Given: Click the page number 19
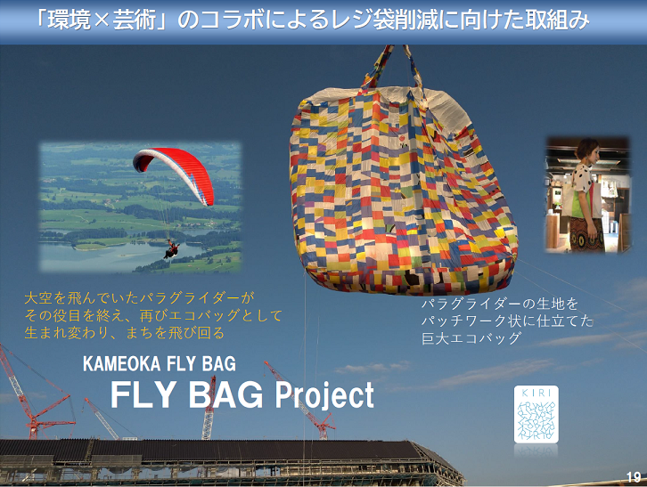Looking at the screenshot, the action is [634, 477].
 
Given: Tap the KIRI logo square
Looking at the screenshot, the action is [536, 414].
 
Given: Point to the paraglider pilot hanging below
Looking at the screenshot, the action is [171, 249].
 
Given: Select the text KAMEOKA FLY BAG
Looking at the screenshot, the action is [160, 364].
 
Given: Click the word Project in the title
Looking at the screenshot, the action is [324, 395].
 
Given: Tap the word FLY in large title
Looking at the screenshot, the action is [143, 394].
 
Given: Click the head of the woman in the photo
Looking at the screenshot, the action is [586, 151].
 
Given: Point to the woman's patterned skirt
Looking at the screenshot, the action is [586, 234].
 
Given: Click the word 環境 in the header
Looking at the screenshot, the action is [69, 20].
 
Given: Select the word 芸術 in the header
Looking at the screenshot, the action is [134, 20].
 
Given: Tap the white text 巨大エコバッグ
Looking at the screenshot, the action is [471, 338].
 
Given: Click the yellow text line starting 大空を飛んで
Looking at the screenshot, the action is [139, 297].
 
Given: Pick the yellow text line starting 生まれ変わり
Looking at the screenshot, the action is [124, 332].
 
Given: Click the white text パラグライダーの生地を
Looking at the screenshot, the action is [500, 304].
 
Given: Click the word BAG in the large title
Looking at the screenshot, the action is [225, 394].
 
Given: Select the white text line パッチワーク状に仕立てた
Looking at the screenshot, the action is [508, 321].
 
